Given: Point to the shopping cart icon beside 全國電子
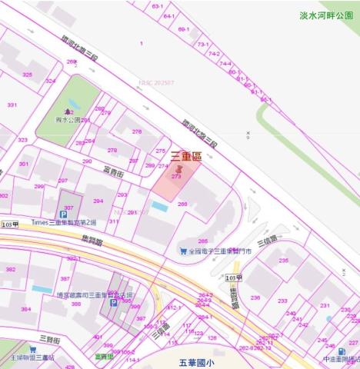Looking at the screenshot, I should click(x=183, y=251).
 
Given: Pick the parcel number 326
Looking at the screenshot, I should click(x=28, y=75).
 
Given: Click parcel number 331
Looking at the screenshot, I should click(x=12, y=105).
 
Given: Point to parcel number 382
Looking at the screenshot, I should click(x=11, y=270).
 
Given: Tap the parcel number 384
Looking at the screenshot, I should click(x=25, y=309).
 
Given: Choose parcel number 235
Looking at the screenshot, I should click(x=283, y=261).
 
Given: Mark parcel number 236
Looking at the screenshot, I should click(x=255, y=298).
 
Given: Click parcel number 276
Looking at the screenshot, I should click(x=137, y=131).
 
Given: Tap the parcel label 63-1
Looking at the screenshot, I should click(x=157, y=6).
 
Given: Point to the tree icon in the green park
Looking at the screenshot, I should click(x=68, y=111).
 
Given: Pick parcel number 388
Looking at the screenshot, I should click(x=75, y=304).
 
